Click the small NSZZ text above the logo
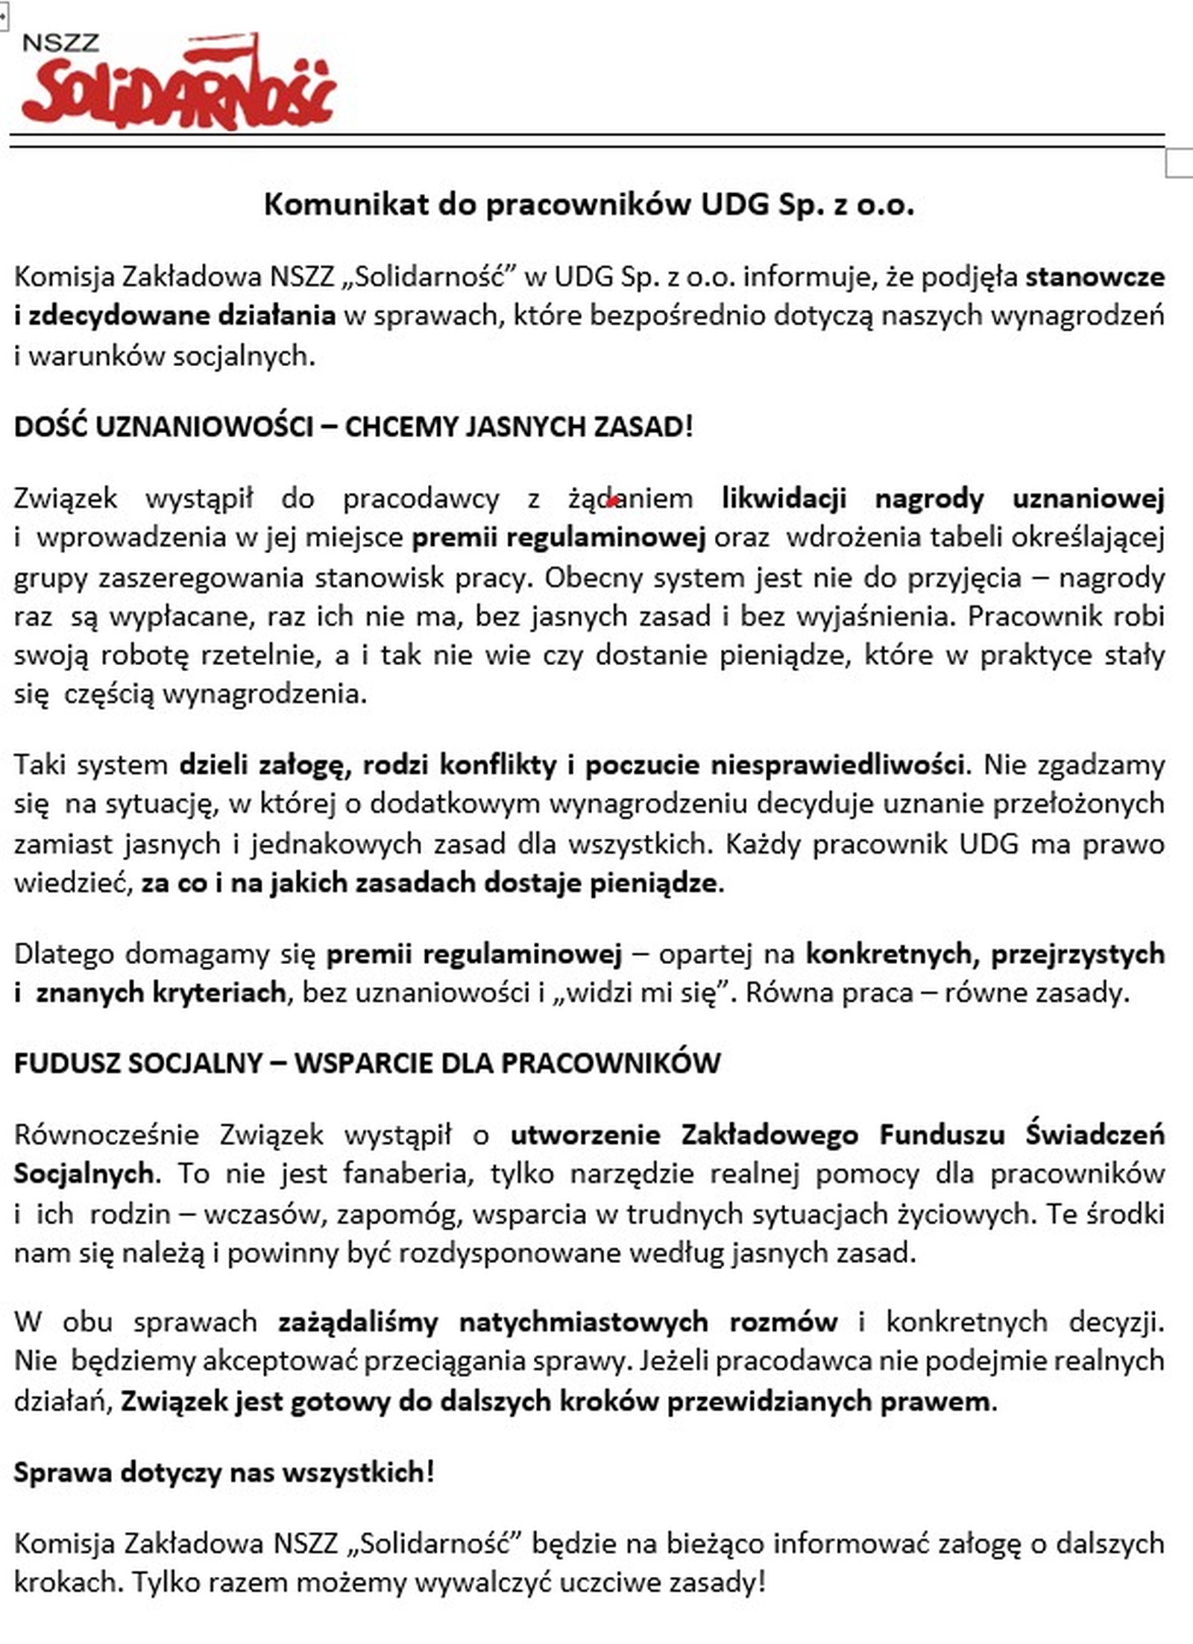point(60,42)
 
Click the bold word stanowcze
point(1095,277)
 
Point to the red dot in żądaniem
point(612,502)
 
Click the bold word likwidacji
point(784,498)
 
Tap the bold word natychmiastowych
point(583,1323)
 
